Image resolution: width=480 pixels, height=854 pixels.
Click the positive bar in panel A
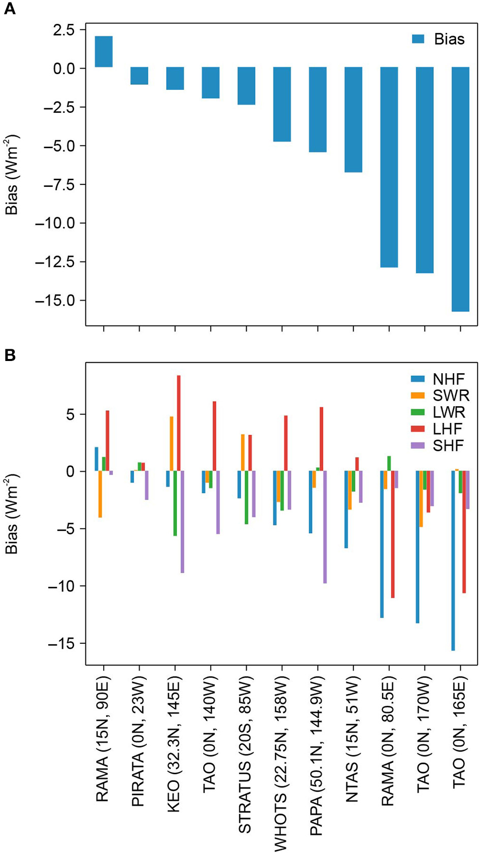coord(104,52)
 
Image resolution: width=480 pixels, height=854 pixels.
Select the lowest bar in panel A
coord(460,189)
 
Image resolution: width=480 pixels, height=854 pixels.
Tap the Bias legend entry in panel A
coord(438,39)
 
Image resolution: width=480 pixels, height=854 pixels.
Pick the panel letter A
coord(9,9)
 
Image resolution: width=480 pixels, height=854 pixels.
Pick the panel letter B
coord(9,355)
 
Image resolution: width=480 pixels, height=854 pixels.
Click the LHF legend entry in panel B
coord(438,429)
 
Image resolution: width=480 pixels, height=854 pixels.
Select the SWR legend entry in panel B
coord(440,396)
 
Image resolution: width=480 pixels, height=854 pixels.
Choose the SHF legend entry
coord(438,446)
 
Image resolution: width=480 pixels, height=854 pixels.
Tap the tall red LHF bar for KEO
coord(179,423)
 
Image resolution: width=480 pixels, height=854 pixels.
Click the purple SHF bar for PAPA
coord(325,527)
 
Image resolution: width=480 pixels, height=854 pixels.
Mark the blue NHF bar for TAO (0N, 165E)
coord(453,561)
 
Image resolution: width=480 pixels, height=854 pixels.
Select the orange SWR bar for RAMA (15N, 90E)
coord(101,494)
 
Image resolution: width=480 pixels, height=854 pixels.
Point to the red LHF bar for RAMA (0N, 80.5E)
coord(393,534)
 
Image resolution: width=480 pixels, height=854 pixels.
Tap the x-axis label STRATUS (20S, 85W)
coord(245,754)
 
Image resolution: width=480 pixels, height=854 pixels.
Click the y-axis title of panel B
coord(12,514)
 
